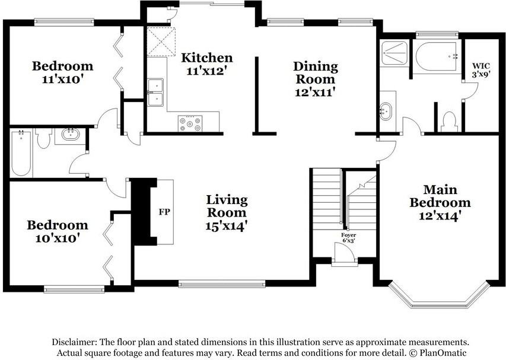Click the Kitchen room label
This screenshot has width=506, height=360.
coord(207,58)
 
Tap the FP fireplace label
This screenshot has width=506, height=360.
coord(164,212)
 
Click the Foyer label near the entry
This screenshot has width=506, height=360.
coord(349,235)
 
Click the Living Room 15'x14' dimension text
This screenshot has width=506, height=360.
coord(227,226)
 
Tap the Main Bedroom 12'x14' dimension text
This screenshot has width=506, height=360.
coord(440,216)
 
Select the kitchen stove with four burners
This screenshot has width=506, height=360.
coord(190,123)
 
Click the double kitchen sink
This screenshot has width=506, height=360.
coord(155,93)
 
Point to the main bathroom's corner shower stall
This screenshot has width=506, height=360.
coord(394,53)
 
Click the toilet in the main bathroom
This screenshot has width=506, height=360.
coord(448,122)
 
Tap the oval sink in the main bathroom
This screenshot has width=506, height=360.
coord(385,111)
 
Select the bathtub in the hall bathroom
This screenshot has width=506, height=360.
coord(21,153)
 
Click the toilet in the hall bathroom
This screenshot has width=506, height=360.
coord(43,138)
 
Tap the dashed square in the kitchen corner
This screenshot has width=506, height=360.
coord(161,42)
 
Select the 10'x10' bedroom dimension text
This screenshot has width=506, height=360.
coord(58,238)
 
